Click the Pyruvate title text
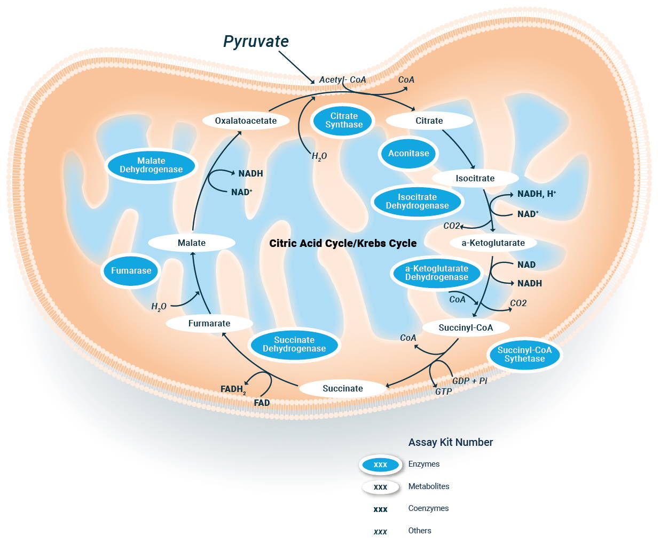point(256,42)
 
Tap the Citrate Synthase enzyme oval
point(344,121)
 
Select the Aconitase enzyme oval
point(408,154)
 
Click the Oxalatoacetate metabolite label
point(246,121)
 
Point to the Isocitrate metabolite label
point(475,179)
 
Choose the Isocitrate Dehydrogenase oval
point(417,202)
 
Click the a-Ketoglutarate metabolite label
point(493,243)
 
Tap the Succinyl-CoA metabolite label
point(466,328)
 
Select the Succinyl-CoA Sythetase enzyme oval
point(524,355)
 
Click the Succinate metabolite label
point(342,389)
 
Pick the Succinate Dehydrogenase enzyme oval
point(294,345)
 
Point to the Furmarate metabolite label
point(209,324)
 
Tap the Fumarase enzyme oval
point(131,271)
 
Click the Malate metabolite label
point(191,243)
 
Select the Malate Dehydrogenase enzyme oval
point(151,165)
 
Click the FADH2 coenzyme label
point(233,390)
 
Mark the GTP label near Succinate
point(443,392)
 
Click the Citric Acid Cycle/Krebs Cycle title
point(343,244)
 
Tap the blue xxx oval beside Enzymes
point(380,465)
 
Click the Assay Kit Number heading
point(450,443)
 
